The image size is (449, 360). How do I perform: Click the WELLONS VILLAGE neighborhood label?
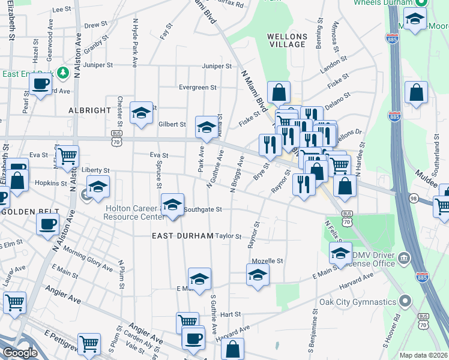click(286, 40)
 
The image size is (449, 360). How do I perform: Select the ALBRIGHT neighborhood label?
click(90, 110)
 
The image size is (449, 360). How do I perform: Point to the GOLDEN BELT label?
click(29, 212)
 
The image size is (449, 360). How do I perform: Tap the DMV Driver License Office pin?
click(405, 258)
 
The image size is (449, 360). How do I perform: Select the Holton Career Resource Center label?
click(133, 212)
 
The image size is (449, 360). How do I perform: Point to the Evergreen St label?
click(197, 87)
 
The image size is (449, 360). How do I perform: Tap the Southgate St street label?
click(203, 209)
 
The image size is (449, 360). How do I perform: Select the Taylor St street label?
click(228, 236)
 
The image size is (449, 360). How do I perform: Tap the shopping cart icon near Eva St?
click(68, 156)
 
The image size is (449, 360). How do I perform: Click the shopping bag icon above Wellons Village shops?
click(279, 92)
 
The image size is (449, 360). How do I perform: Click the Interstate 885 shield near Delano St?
click(394, 115)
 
